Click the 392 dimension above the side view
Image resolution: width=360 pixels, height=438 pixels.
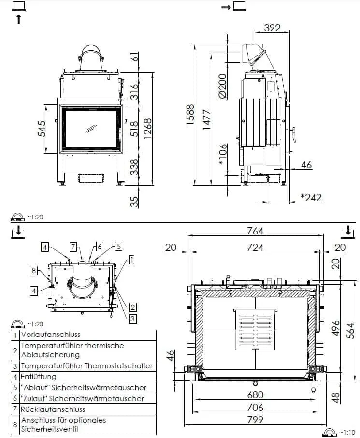[x=272, y=28]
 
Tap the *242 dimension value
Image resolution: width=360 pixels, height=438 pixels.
[x=311, y=197]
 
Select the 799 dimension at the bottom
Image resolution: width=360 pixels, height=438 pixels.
[x=255, y=420]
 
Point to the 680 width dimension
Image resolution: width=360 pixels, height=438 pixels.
[x=255, y=394]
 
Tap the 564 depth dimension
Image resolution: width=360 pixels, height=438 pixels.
[x=351, y=330]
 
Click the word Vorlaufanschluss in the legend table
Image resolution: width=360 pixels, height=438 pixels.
[x=51, y=335]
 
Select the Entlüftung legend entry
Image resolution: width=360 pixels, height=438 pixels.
[x=39, y=377]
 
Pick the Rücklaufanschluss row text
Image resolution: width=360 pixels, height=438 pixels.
[x=53, y=409]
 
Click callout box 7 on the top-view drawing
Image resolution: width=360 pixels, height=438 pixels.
[x=73, y=247]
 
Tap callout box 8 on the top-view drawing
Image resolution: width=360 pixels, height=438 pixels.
[x=33, y=270]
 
